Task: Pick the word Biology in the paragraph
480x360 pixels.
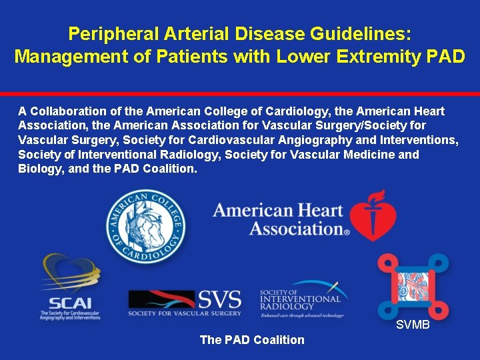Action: point(39,169)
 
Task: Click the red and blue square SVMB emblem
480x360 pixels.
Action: point(413,285)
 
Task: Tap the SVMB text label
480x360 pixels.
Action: point(413,325)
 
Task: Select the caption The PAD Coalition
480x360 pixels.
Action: point(252,340)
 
